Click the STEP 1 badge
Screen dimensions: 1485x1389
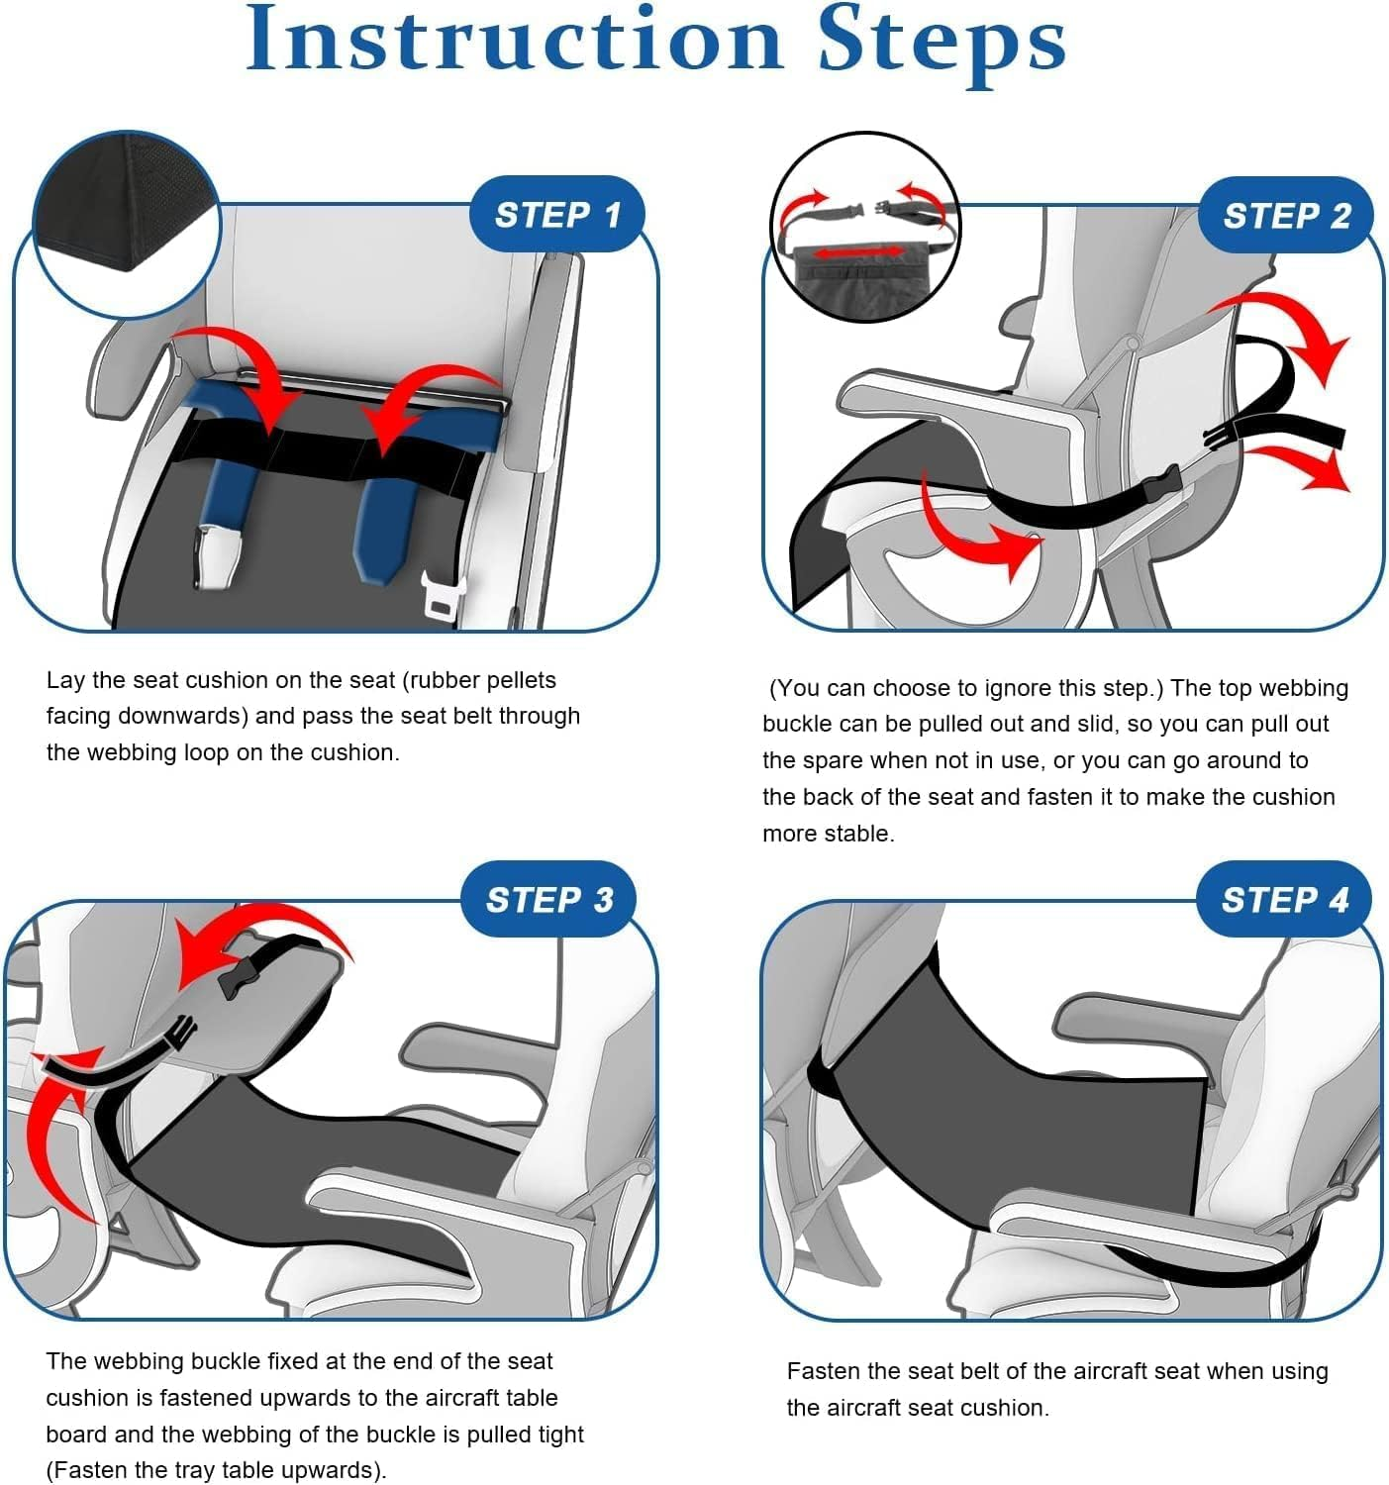click(x=556, y=215)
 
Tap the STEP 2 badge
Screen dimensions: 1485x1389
click(x=1285, y=215)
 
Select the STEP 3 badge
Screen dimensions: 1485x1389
click(x=548, y=899)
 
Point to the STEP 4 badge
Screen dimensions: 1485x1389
click(x=1284, y=899)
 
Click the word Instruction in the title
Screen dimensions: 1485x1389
click(x=514, y=42)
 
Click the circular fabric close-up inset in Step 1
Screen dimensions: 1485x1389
click(x=126, y=223)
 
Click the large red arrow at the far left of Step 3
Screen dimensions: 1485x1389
click(x=59, y=1138)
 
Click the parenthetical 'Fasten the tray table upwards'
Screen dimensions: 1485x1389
click(x=216, y=1470)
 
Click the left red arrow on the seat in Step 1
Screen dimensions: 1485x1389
click(x=248, y=381)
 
